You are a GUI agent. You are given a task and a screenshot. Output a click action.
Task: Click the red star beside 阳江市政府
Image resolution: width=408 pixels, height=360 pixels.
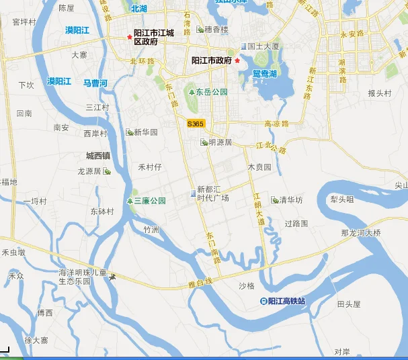pyautogui.click(x=237, y=60)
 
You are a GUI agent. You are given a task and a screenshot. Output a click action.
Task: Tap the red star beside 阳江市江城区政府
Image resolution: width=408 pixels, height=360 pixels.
pyautogui.click(x=130, y=37)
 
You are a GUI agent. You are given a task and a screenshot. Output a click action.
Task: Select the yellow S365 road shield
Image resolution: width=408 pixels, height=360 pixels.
pyautogui.click(x=195, y=124)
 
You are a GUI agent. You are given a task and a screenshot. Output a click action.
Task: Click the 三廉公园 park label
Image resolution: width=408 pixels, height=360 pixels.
pyautogui.click(x=149, y=201)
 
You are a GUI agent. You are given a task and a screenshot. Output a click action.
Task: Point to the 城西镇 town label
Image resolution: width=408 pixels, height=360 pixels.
pyautogui.click(x=98, y=156)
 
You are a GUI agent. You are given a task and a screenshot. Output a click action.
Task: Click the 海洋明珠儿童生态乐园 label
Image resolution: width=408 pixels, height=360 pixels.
pyautogui.click(x=83, y=277)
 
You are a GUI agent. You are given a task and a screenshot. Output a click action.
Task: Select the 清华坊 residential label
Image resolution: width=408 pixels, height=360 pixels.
pyautogui.click(x=290, y=200)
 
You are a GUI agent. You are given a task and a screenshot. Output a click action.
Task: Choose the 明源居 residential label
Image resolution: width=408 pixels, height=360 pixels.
pyautogui.click(x=220, y=142)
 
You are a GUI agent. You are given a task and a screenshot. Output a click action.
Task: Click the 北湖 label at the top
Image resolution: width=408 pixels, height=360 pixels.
pyautogui.click(x=138, y=9)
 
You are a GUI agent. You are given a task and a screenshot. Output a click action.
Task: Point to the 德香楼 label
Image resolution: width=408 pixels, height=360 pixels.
pyautogui.click(x=216, y=30)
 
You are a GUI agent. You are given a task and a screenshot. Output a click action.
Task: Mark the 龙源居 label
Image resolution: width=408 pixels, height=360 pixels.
pyautogui.click(x=89, y=171)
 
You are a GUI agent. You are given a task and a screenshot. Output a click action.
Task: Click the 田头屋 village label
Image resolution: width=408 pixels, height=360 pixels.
pyautogui.click(x=349, y=304)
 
